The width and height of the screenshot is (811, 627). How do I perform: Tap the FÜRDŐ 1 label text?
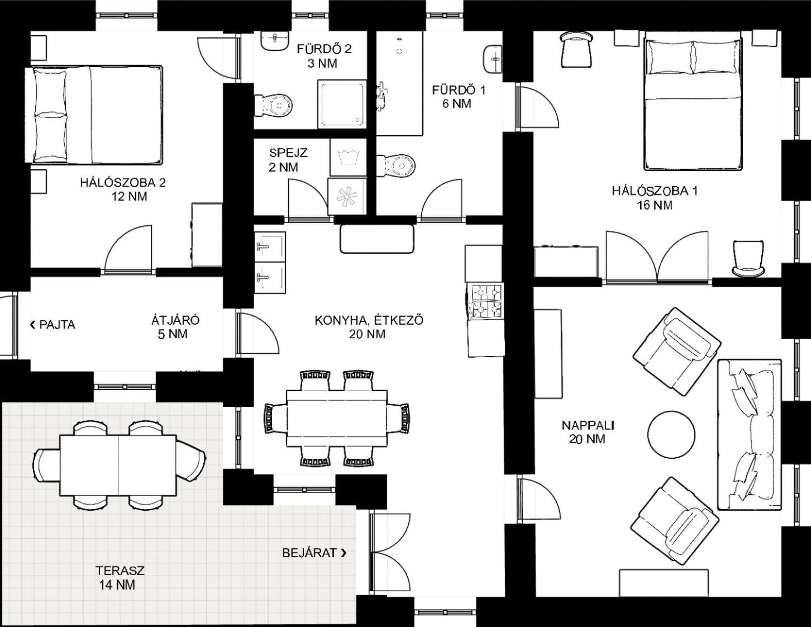coord(459,90)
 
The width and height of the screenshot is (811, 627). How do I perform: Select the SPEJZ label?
coord(288,153)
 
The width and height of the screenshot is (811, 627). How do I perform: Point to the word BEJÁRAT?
coord(309,553)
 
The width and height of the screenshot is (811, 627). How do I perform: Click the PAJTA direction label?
coord(53,325)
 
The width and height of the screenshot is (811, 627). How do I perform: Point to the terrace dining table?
coord(118,465)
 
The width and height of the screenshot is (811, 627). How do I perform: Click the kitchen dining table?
coord(337,418)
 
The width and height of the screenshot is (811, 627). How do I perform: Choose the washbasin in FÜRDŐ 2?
coord(275,41)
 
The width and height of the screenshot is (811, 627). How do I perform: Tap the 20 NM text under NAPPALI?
coord(587,439)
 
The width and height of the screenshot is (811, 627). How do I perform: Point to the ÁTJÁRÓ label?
coord(175,320)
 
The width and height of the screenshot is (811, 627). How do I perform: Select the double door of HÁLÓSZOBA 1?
coord(657,257)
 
